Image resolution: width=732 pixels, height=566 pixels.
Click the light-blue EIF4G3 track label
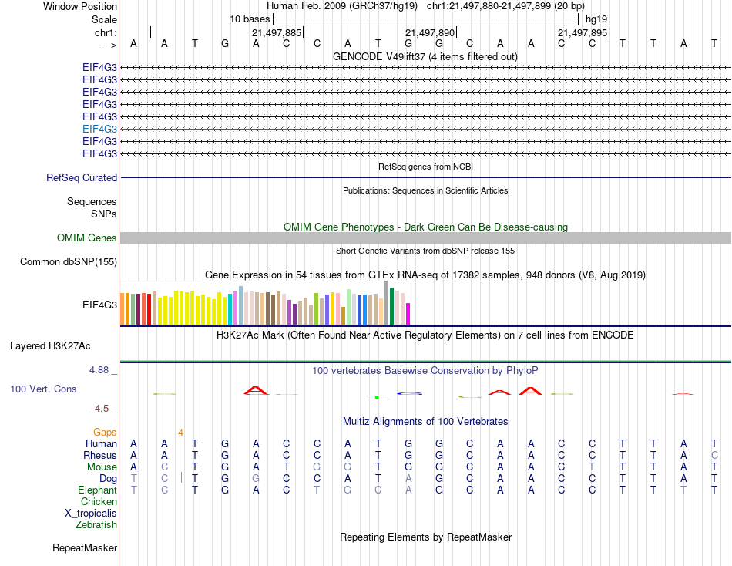point(99,129)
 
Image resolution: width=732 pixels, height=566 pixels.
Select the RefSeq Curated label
point(82,177)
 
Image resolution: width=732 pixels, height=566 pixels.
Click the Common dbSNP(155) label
point(69,262)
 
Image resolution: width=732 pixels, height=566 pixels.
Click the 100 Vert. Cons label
point(43,389)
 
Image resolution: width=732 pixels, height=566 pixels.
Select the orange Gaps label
point(105,432)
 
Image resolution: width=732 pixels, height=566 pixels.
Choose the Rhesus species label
point(100,455)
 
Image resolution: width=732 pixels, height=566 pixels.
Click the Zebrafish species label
point(96,524)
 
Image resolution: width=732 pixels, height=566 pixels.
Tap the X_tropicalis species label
point(91,513)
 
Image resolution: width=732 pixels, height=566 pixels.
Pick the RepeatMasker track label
point(85,548)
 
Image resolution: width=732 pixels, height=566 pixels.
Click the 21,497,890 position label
point(430,32)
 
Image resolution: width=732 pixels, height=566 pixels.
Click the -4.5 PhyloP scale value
point(102,409)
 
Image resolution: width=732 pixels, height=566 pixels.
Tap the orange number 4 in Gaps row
point(180,432)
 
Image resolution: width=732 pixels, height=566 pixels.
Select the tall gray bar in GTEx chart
point(386,302)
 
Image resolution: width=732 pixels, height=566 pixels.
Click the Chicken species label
point(99,501)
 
